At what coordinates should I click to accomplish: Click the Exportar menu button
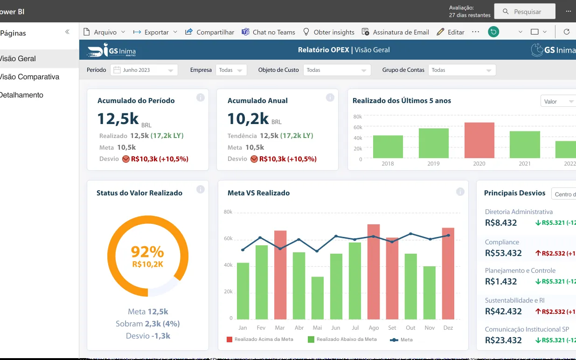coord(155,32)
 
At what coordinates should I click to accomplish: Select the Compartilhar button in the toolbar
coord(209,32)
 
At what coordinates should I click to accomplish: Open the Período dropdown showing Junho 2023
coord(144,70)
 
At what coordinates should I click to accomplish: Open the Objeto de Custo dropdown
coord(337,70)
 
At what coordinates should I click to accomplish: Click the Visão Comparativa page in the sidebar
coord(29,76)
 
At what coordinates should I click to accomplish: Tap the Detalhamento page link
coord(21,95)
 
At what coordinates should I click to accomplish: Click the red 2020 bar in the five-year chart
coord(479,140)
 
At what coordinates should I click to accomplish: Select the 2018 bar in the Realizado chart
coord(388,146)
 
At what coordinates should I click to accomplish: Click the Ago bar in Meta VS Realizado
coord(374,272)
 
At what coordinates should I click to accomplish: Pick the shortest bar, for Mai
coord(318,298)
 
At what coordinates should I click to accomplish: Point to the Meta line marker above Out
coord(410,234)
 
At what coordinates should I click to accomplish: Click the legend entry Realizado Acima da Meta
coord(260,339)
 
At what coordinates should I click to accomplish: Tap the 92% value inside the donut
coord(147,251)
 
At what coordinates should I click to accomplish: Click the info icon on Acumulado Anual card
coord(330,97)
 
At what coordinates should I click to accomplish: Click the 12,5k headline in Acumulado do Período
coord(118,119)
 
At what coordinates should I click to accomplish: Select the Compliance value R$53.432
coord(503,253)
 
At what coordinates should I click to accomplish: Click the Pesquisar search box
coord(525,11)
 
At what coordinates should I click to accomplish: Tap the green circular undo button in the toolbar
coord(493,32)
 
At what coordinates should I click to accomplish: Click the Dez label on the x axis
coord(448,328)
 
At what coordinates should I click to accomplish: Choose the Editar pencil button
coord(451,32)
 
